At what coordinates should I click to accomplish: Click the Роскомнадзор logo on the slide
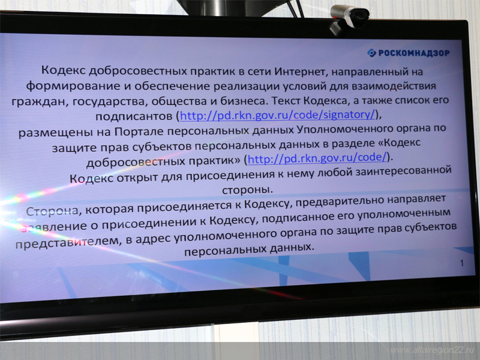(407, 53)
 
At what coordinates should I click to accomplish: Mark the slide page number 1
(461, 263)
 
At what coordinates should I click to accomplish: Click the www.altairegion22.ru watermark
(431, 350)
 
